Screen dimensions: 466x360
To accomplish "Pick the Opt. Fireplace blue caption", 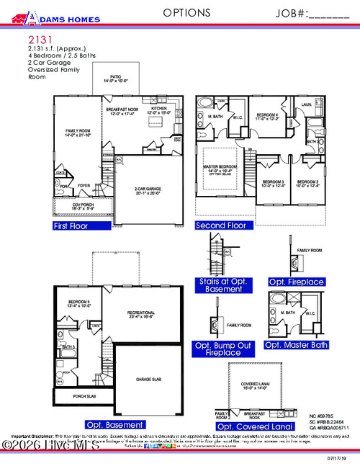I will click(297, 282).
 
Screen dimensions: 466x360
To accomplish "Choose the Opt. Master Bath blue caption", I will click(297, 345).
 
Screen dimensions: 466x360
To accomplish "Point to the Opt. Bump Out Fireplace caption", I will click(223, 349).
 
